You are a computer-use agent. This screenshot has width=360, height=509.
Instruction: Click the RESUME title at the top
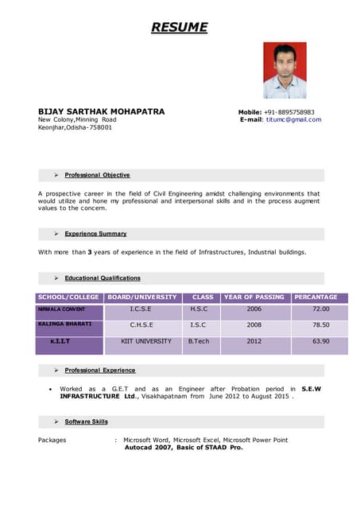point(180,28)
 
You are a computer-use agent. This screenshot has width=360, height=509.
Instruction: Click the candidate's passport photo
point(285,70)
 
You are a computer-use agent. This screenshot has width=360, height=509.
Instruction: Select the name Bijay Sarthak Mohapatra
point(102,111)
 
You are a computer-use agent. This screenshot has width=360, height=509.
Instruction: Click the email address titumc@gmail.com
point(293,120)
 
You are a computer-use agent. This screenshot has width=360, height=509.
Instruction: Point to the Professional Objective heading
point(97,175)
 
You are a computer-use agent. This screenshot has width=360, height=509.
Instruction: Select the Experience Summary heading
point(95,234)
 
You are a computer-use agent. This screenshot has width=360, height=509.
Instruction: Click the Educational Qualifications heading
point(103,278)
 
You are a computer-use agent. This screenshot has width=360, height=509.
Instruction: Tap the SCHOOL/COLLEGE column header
point(68,297)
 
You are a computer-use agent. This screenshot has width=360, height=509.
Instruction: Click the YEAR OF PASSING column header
point(254,297)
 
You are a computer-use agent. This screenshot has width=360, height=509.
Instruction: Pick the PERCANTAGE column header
point(315,297)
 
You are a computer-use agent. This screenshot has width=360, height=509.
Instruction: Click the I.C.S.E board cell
point(141,309)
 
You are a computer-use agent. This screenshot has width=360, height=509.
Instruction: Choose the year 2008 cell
point(254,325)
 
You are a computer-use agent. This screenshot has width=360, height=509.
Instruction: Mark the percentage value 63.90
point(320,341)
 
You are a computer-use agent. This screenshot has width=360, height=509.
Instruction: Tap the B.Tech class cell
point(198,341)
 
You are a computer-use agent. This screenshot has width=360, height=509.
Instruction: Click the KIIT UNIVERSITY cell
point(146,341)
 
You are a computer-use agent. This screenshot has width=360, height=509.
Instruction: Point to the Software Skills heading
point(86,422)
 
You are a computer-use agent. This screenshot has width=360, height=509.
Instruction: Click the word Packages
point(52,440)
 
